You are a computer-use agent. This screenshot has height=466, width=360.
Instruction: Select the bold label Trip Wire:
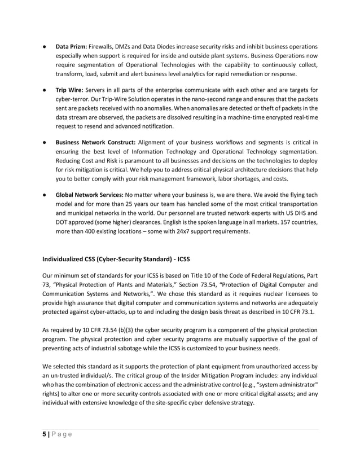click(69, 89)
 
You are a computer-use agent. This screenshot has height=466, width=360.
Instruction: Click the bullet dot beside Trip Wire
click(43, 89)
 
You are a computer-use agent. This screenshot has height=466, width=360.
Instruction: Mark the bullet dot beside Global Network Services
click(43, 195)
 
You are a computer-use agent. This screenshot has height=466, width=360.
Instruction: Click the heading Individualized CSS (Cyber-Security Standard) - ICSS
click(116, 260)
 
